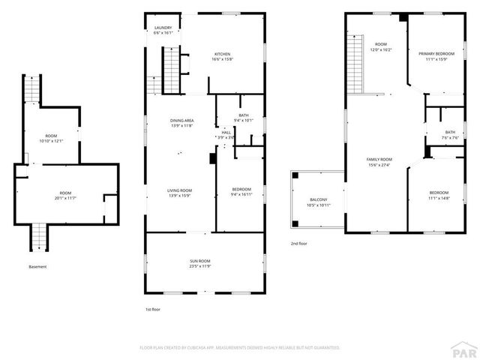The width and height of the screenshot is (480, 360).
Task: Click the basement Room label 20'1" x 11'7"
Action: click(x=66, y=194)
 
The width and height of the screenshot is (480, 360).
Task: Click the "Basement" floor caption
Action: click(x=37, y=267)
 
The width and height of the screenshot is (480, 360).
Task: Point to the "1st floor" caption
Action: click(x=152, y=309)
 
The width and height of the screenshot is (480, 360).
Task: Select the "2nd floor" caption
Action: click(x=298, y=244)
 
